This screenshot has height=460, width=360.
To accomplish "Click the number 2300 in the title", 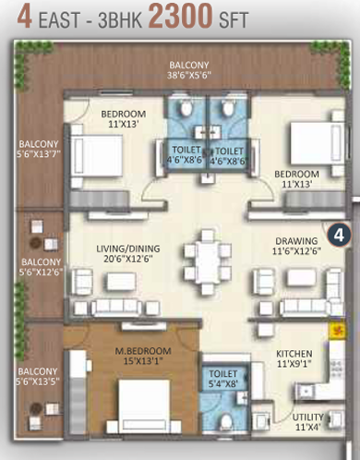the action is [181, 16].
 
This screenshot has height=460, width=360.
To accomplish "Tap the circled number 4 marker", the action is [339, 236].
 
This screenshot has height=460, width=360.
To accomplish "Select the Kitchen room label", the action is [294, 358].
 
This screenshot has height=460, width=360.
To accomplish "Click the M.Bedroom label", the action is [143, 356].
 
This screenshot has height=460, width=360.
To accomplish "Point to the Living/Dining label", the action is [128, 254].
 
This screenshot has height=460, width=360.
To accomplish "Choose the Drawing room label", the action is [296, 246].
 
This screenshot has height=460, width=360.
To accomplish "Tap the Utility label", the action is [308, 422].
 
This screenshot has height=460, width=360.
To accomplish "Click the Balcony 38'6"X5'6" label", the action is [189, 70].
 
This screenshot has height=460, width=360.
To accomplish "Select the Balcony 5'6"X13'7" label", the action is [39, 149].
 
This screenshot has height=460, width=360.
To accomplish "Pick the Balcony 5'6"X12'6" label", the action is [41, 267].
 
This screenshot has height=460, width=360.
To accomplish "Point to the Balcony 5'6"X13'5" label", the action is [38, 376].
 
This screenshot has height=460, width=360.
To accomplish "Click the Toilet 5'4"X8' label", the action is [223, 379].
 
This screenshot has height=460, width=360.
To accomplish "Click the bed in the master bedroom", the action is [144, 406].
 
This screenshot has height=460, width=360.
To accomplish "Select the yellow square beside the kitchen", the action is [337, 331].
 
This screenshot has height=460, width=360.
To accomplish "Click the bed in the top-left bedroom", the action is [97, 156].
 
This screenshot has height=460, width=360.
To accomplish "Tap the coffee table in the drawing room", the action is [302, 278].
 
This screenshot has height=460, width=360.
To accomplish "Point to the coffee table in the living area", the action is [122, 281].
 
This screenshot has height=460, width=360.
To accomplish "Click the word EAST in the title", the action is [60, 19].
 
